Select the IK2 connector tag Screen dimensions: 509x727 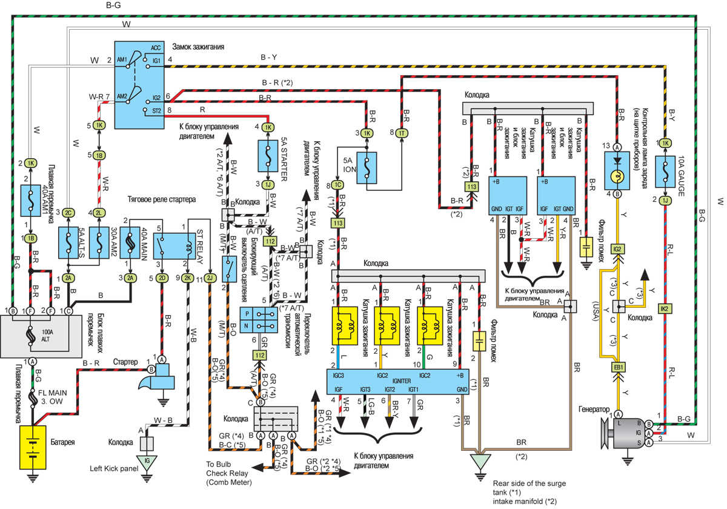664,308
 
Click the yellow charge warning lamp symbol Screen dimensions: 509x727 618,177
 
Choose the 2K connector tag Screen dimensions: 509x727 188,278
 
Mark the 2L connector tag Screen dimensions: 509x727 99,213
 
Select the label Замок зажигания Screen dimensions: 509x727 198,46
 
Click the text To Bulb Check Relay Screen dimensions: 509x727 228,474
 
